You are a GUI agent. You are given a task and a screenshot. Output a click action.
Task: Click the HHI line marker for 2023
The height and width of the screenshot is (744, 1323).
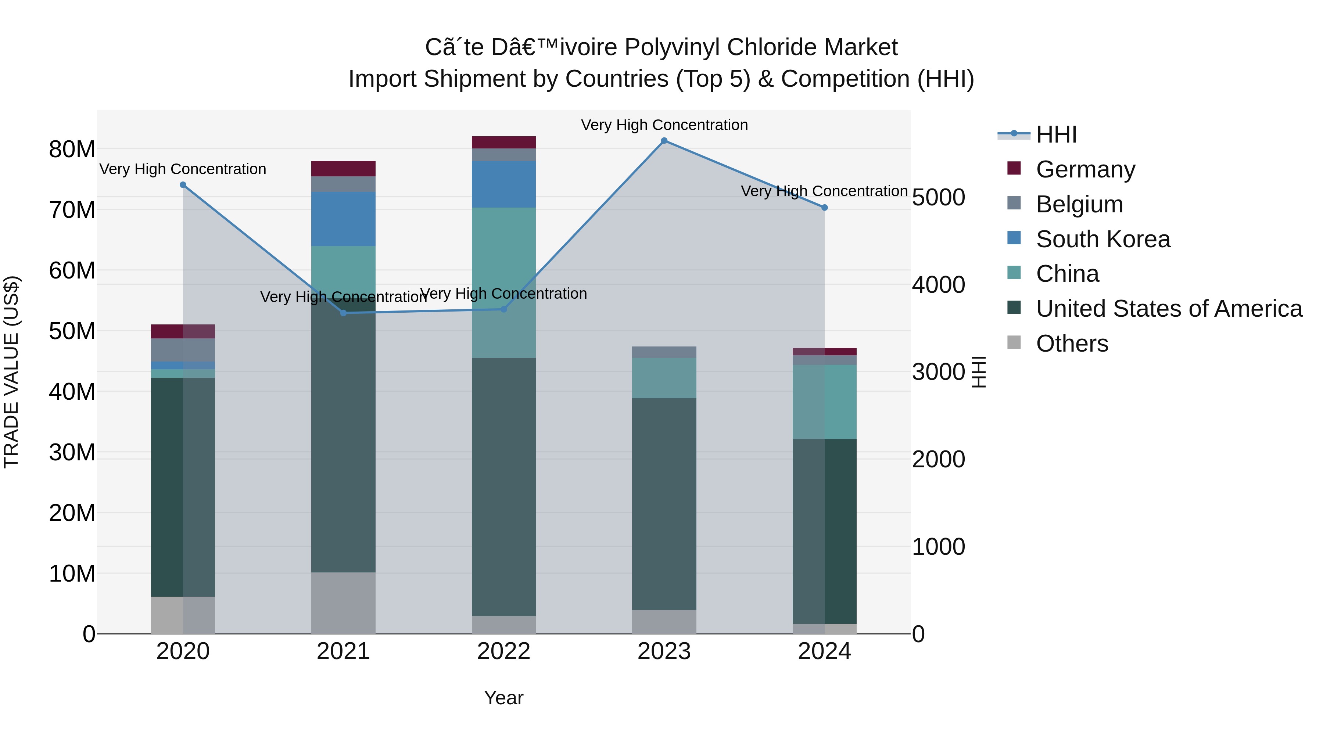pos(664,141)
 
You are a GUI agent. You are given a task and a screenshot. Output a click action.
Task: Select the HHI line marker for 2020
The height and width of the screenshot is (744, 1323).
pos(183,185)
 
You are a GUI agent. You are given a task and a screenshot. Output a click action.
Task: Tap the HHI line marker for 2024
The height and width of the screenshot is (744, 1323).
pos(824,208)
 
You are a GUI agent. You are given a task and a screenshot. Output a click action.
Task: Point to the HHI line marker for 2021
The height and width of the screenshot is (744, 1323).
pos(344,313)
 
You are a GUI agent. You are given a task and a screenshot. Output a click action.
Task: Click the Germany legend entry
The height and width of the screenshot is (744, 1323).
pos(1085,169)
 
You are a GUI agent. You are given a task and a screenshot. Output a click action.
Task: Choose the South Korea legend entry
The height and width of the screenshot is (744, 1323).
pos(1102,239)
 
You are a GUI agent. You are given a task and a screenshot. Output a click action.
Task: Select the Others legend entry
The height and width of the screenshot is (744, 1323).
pos(1072,344)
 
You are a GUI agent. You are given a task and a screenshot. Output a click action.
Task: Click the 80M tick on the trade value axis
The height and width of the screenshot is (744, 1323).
pos(72,150)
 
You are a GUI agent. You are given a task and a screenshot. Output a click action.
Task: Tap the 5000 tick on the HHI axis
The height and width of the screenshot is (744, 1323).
pos(938,198)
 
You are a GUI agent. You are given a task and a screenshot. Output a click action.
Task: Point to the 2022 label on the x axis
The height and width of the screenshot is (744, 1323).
pos(503,651)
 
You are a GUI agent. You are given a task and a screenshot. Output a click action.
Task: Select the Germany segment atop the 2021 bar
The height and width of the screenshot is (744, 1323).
pos(343,168)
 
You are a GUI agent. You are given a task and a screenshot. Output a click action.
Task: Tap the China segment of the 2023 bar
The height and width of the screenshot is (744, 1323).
pos(664,378)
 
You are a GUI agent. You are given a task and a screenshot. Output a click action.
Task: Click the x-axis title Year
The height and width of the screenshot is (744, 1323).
pos(503,698)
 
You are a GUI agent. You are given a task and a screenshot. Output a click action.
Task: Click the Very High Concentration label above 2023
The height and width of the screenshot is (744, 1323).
pos(664,125)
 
